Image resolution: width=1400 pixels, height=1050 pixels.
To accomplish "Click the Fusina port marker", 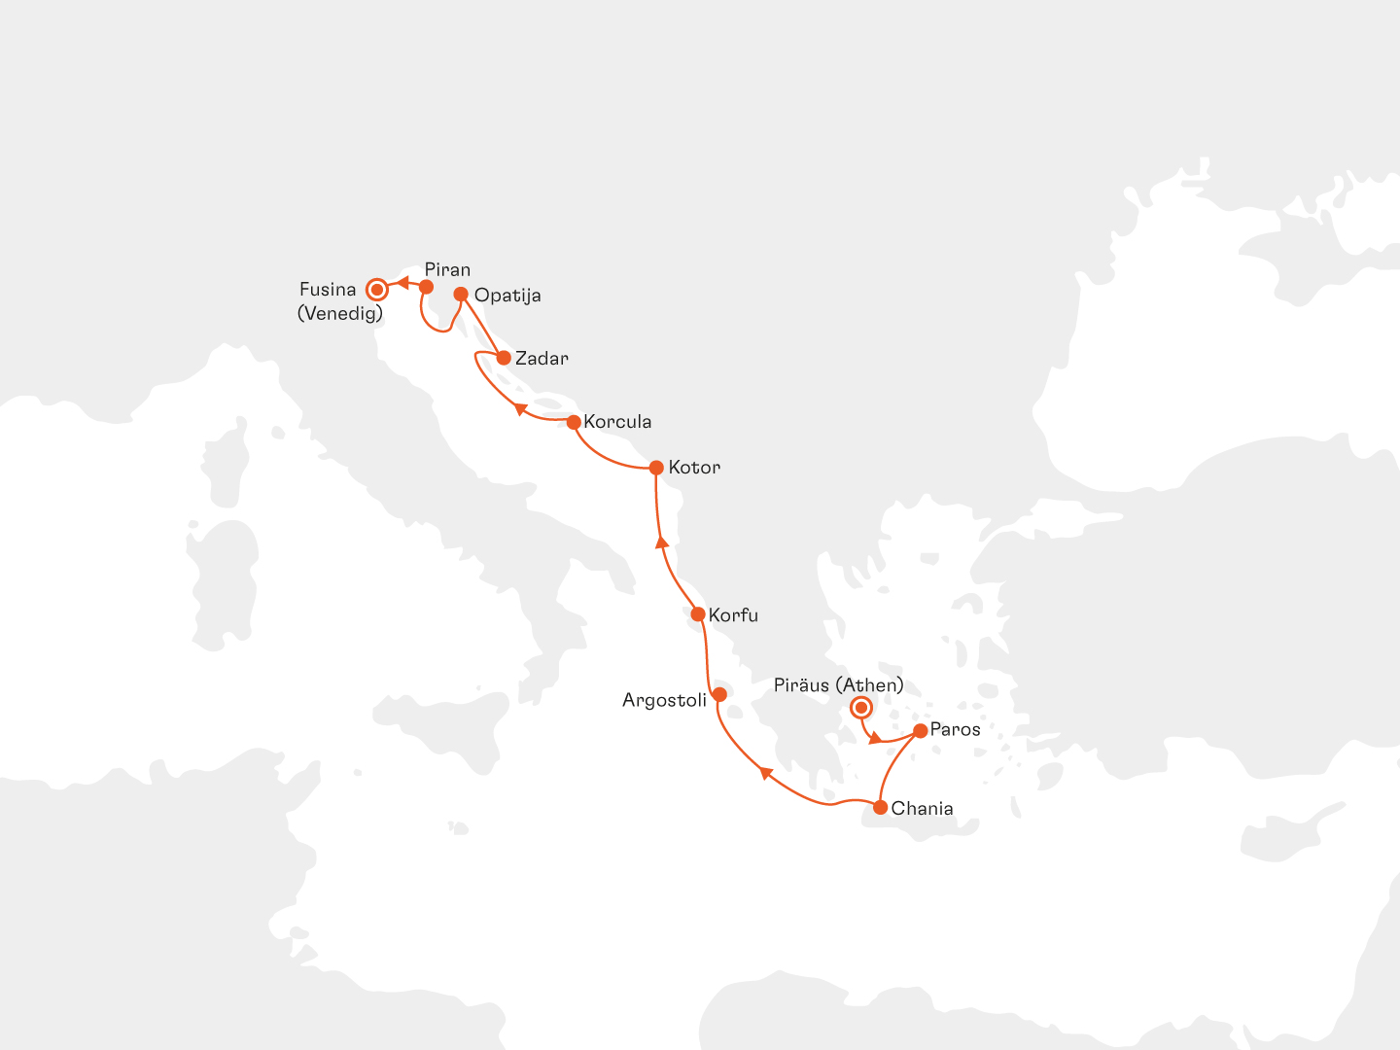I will point(376,289).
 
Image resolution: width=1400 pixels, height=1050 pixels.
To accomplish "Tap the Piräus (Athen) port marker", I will point(860,707).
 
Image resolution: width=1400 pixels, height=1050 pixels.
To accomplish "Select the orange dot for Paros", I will point(921,730).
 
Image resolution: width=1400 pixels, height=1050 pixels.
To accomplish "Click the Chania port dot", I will point(880,807).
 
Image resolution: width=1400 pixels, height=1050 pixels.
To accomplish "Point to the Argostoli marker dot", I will point(719,694).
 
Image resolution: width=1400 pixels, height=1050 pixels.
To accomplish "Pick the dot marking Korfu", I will point(697,613).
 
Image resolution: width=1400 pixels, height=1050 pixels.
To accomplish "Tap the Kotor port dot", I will point(656,468).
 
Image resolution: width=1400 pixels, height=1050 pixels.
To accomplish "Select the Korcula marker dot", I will point(574,422).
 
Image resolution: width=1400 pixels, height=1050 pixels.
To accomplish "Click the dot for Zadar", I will point(504,358).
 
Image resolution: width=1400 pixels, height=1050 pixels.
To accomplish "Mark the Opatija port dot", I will point(461,294).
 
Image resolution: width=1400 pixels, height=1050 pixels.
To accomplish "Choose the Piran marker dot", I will point(426,287).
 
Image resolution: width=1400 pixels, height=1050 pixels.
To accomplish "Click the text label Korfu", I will point(733,615).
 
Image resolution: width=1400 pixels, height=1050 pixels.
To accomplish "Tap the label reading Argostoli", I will point(664,700).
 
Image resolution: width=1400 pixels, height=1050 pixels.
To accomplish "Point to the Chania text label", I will point(922,809).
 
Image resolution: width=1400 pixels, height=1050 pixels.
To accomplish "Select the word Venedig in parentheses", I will point(340,313).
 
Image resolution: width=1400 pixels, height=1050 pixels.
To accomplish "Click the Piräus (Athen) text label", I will point(838,685).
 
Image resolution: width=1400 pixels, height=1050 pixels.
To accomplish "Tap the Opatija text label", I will point(507,296).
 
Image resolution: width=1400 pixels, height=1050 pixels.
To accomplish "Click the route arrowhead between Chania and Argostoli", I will point(765,773).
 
